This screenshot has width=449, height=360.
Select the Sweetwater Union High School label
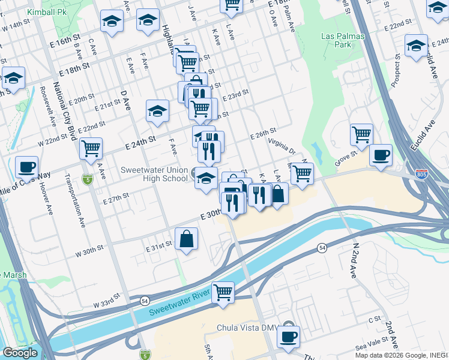(x=154, y=174)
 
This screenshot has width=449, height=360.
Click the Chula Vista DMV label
(x=247, y=328)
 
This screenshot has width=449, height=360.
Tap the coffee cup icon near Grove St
(x=381, y=155)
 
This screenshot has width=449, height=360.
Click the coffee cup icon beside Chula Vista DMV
(x=288, y=336)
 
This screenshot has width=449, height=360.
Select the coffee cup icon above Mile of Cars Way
(x=26, y=166)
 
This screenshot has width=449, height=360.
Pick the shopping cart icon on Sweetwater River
(x=223, y=292)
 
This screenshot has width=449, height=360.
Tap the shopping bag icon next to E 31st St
(x=187, y=238)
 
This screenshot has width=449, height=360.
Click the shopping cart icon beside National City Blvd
(x=91, y=148)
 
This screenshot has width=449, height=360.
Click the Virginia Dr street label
(x=282, y=146)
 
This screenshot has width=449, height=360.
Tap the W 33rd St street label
(x=98, y=304)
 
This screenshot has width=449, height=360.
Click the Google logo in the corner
(x=20, y=353)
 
